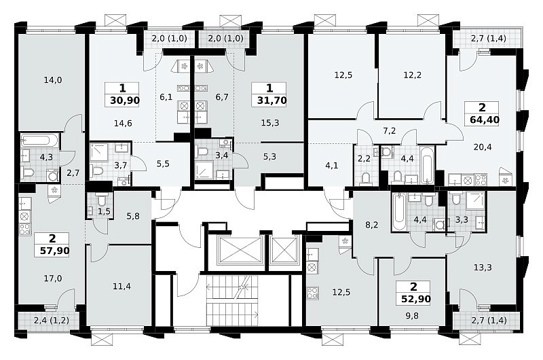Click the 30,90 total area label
(x=125, y=101)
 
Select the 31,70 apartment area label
(x=271, y=101)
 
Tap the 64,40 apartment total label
(x=485, y=120)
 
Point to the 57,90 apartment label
(x=55, y=251)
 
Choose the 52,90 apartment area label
(x=416, y=299)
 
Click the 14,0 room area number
(x=53, y=80)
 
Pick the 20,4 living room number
(x=483, y=147)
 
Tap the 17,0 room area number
(x=53, y=278)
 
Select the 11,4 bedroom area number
(x=122, y=286)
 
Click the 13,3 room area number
(x=483, y=268)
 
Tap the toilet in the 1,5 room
(x=102, y=200)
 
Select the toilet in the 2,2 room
(x=365, y=178)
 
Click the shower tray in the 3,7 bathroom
(x=100, y=152)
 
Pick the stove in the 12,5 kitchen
(x=313, y=293)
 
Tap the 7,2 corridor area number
(x=390, y=130)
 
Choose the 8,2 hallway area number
(x=371, y=225)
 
